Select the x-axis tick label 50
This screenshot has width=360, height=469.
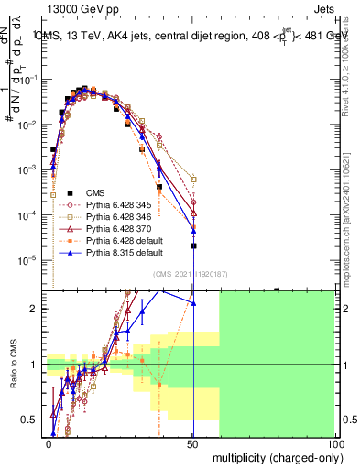[x=192, y=443]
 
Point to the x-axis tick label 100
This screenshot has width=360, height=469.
[x=335, y=443]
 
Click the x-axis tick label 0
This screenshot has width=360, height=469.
[x=49, y=443]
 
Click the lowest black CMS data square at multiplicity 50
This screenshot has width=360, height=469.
[x=193, y=246]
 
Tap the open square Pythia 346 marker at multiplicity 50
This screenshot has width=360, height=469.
[x=193, y=180]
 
